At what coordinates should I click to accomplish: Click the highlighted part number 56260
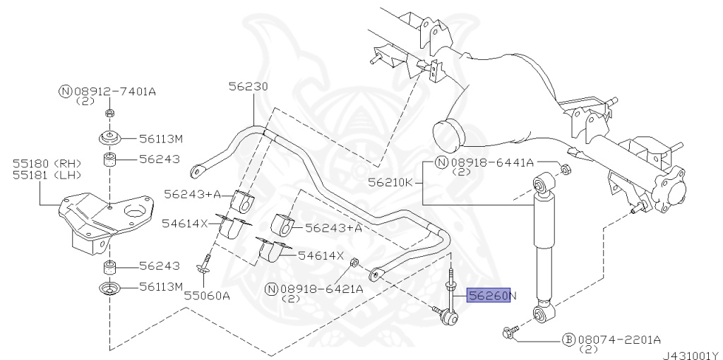[487, 296]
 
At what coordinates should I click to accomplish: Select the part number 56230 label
[248, 87]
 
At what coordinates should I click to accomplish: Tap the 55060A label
[207, 296]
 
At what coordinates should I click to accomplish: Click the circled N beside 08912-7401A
[65, 91]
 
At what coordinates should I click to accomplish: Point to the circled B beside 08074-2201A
[568, 339]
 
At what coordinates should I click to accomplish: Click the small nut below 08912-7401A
[109, 114]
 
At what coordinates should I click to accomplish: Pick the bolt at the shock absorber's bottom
[510, 330]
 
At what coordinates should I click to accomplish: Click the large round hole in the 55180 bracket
[134, 209]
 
